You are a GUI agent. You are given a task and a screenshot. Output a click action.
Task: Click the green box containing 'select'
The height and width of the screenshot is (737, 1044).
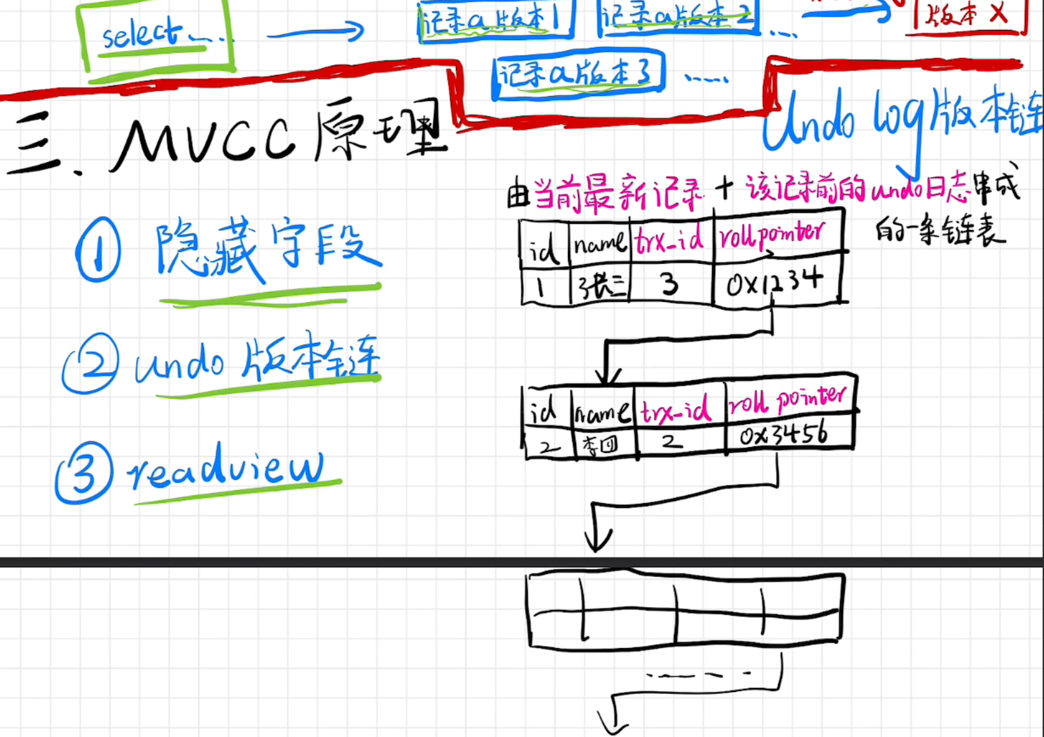[155, 36]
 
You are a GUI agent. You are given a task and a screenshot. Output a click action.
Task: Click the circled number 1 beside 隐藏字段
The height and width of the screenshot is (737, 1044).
[98, 249]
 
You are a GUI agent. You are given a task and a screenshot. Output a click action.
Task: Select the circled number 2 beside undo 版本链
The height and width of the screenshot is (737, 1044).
[90, 363]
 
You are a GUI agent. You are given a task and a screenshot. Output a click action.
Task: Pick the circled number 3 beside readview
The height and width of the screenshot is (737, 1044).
[85, 473]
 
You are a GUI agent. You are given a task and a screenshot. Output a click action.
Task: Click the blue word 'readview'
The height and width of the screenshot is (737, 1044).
[225, 467]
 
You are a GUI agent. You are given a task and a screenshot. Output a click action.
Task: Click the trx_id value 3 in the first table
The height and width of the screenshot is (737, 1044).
[669, 284]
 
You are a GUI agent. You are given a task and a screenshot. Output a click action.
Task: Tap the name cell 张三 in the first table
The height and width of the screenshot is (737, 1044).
[599, 286]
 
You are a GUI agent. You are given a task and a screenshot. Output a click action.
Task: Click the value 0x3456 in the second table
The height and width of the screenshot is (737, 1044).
[784, 434]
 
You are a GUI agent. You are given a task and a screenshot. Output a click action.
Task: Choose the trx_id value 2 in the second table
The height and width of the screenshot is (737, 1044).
[671, 441]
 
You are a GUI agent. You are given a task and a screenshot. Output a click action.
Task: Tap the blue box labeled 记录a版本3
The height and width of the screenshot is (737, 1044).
[577, 74]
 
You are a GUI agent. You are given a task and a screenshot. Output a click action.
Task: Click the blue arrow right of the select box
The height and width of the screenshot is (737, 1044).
[315, 32]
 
